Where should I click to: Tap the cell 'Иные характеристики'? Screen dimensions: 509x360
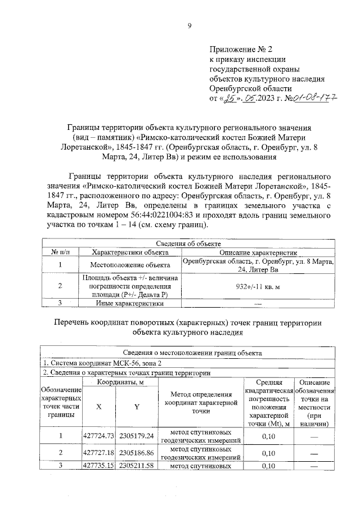[130, 304]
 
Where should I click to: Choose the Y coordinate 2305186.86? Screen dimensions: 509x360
[137, 452]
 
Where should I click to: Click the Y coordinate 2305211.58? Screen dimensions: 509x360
[137, 466]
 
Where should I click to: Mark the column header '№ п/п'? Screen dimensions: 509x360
[60, 252]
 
